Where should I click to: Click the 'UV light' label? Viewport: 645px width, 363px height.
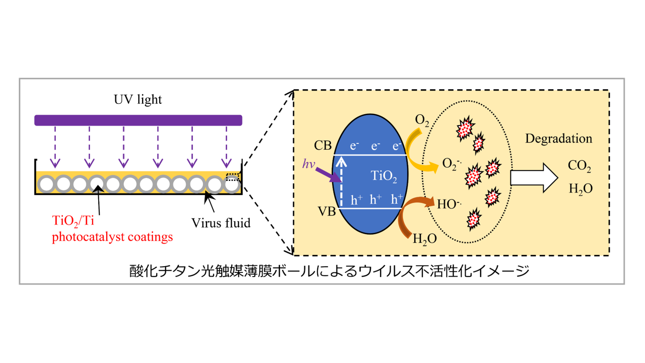(x=138, y=100)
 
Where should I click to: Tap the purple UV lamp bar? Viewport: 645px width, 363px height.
(x=138, y=120)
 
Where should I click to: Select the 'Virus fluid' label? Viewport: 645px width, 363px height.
(x=221, y=222)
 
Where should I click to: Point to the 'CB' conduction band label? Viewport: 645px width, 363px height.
(x=323, y=145)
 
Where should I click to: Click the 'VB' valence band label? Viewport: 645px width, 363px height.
(x=326, y=211)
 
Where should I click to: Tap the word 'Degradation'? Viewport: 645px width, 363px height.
(x=558, y=139)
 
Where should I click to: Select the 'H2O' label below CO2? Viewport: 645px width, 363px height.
(x=580, y=188)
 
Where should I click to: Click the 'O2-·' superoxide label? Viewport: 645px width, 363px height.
(x=452, y=163)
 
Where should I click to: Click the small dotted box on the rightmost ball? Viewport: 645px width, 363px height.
(x=233, y=177)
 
